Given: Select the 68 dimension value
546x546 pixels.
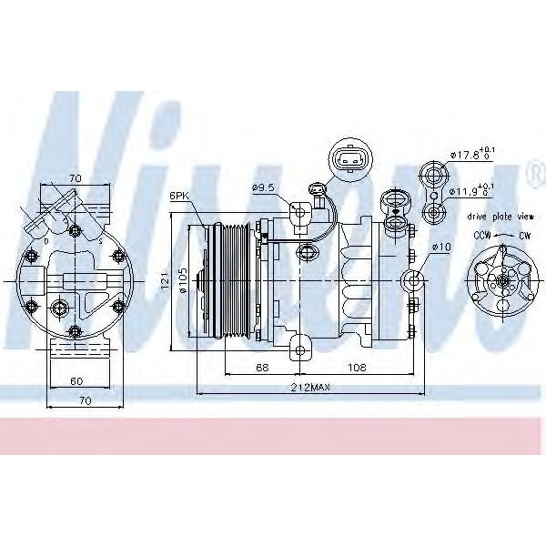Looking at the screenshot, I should coord(263,368).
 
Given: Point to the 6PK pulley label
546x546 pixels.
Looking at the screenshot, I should coord(178,196).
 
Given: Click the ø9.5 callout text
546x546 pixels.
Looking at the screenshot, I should coord(264,188).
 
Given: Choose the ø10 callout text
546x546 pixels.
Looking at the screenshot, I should coord(441,247).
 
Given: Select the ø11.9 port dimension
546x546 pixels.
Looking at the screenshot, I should coord(471,192).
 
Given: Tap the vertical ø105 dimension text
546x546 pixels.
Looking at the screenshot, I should coord(183,282).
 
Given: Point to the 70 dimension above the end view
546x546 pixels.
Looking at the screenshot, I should coord(76,179).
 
